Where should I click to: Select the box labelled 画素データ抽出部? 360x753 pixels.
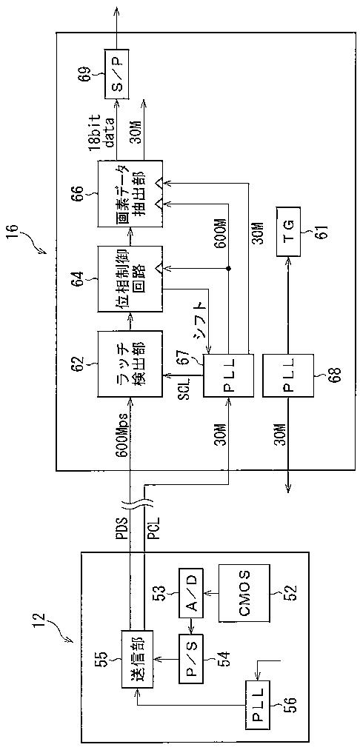[x=130, y=194]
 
